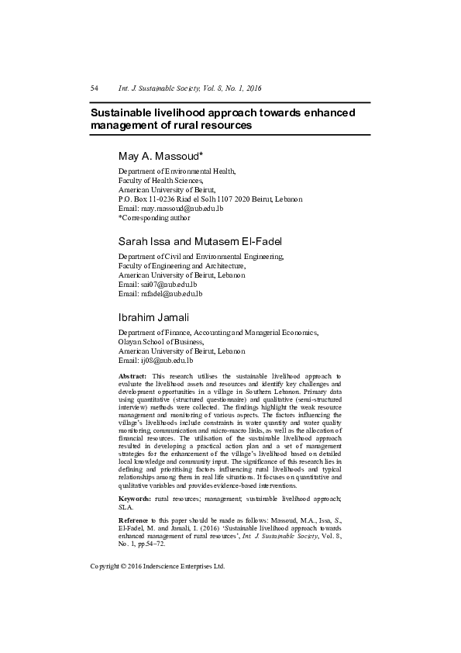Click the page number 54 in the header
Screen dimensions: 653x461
coord(95,88)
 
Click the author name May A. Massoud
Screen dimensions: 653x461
coord(160,157)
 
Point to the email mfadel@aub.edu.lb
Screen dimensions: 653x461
coord(171,293)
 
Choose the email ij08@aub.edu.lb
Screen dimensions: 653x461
coord(166,361)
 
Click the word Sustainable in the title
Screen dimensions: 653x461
coord(124,112)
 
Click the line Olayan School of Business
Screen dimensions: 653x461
coord(160,341)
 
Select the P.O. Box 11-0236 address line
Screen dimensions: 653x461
coord(209,199)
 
